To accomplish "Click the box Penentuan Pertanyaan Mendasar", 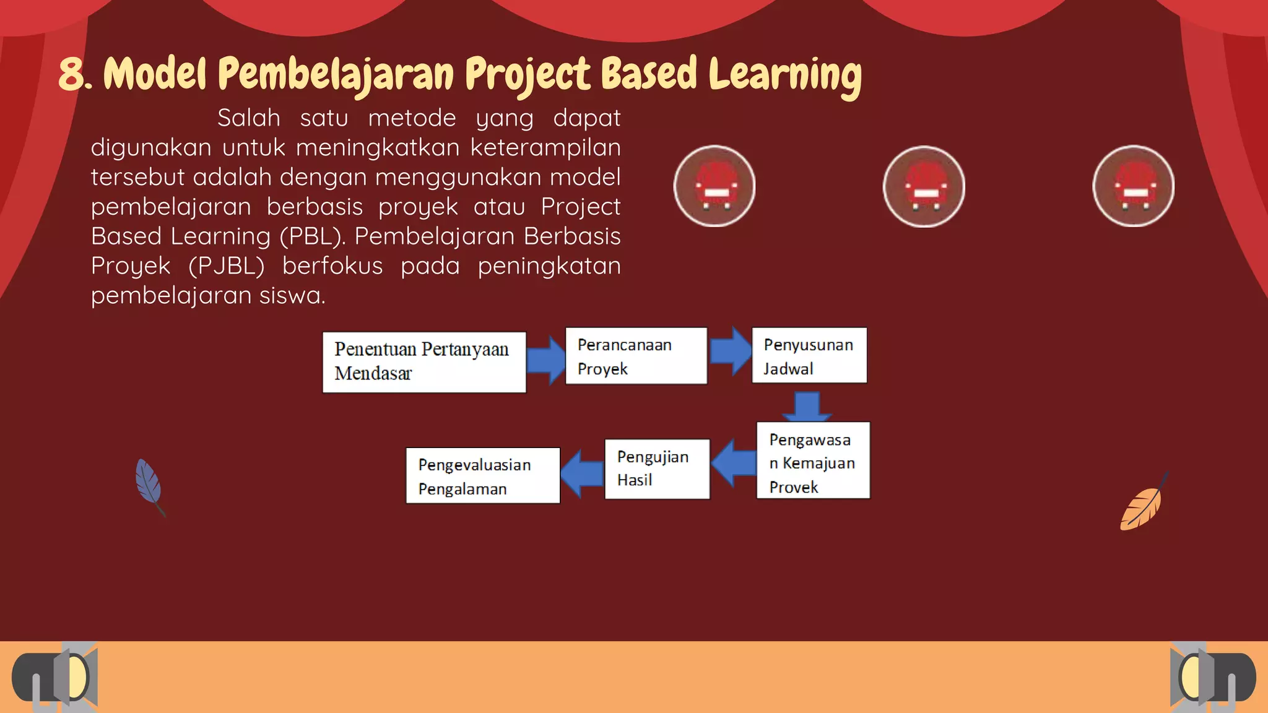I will [x=424, y=362].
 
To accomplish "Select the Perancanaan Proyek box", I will [x=636, y=356].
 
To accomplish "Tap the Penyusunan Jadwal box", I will [x=809, y=355].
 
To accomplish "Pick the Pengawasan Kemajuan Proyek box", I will [x=813, y=460].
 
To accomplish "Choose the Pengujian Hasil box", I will [x=657, y=469].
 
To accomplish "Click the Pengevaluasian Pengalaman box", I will [x=483, y=475].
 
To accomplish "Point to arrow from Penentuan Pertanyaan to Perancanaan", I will [x=545, y=360].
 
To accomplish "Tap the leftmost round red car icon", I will [x=714, y=186].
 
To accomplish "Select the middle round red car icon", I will [x=924, y=186].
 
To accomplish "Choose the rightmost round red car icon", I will [x=1133, y=186].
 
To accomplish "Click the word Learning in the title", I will [x=784, y=75].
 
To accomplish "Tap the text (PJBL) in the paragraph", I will [x=226, y=266].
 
